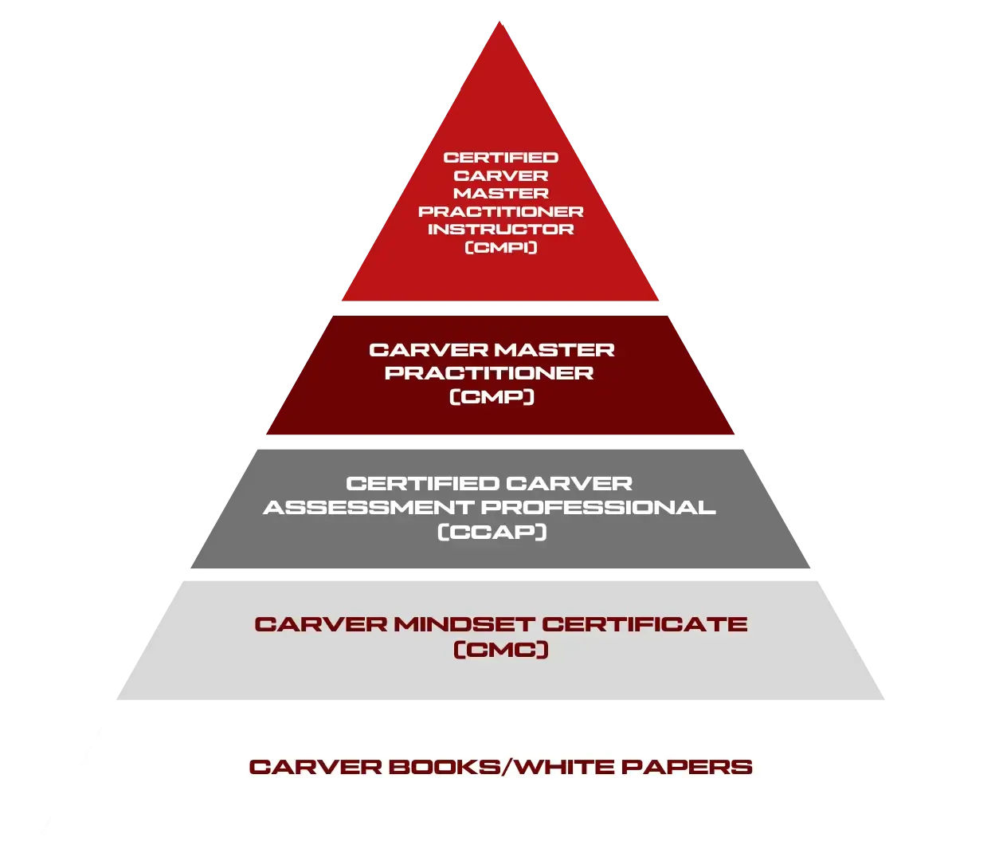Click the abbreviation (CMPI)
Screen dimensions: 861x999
pyautogui.click(x=500, y=247)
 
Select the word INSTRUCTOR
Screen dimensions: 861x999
pyautogui.click(x=500, y=230)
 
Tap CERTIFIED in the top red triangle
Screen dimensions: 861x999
pyautogui.click(x=500, y=158)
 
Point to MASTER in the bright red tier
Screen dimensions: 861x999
pyautogui.click(x=500, y=194)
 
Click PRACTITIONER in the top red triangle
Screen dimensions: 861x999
pyautogui.click(x=500, y=212)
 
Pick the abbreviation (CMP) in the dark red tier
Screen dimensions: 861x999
pyautogui.click(x=492, y=396)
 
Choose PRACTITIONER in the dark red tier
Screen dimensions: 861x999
pyautogui.click(x=489, y=373)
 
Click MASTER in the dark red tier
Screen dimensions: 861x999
pyautogui.click(x=554, y=350)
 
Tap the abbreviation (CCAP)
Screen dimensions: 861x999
pyautogui.click(x=492, y=532)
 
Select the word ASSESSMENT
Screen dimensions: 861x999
pyautogui.click(x=369, y=508)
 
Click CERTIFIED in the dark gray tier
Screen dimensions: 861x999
pyautogui.click(x=423, y=484)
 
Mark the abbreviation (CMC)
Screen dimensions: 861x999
pyautogui.click(x=500, y=651)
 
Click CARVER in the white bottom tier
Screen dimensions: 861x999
pyautogui.click(x=315, y=768)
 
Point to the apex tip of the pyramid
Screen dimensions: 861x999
pyautogui.click(x=499, y=24)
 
